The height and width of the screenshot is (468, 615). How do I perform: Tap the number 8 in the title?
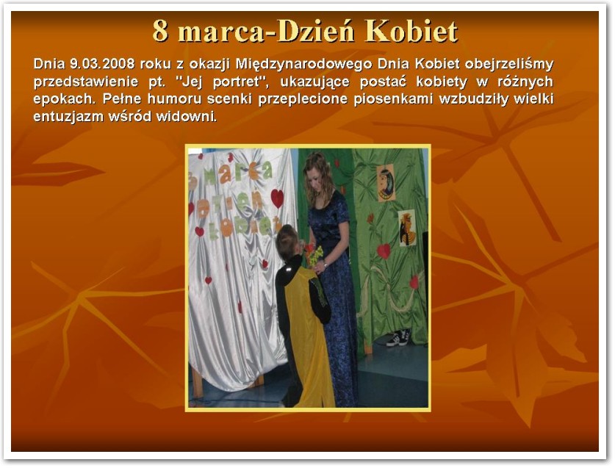coord(160,31)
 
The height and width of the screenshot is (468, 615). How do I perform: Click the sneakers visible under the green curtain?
coord(399,337)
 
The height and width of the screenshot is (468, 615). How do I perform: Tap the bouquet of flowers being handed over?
coord(314,255)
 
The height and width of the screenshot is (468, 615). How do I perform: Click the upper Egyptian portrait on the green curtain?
coord(386,183)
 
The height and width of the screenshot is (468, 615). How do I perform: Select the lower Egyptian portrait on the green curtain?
coord(408,228)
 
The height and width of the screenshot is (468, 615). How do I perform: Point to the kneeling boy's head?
coord(287,242)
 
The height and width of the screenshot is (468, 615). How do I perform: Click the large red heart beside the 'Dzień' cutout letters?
coord(277,198)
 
